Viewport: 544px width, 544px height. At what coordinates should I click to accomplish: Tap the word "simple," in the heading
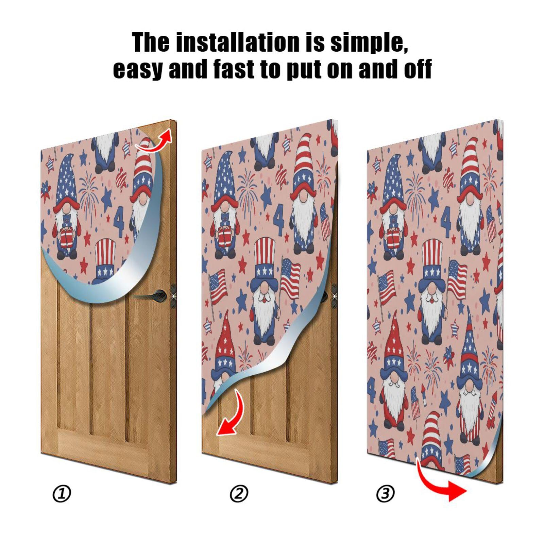tap(369, 42)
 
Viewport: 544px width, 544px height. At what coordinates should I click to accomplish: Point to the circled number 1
tap(62, 494)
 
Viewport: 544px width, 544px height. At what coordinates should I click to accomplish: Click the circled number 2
tap(239, 494)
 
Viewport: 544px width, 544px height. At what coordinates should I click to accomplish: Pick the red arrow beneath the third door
tap(442, 483)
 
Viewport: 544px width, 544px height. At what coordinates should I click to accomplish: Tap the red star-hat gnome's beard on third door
tap(394, 405)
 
